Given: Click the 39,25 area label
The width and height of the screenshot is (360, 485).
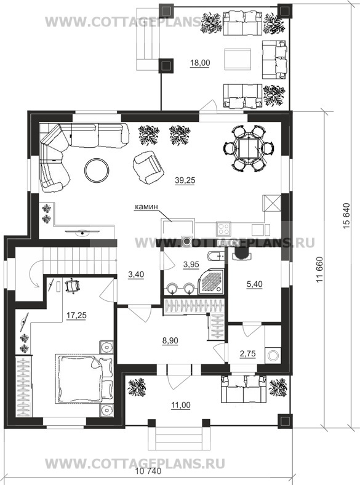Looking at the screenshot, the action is click(x=185, y=180).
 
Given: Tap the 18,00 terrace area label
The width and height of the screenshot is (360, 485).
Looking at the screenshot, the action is click(x=200, y=63).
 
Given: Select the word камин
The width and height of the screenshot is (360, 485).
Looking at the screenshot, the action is click(x=146, y=207).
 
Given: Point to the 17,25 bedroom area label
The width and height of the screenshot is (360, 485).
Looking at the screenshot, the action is click(x=76, y=316).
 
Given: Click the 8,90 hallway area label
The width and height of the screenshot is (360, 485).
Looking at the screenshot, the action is click(x=170, y=341).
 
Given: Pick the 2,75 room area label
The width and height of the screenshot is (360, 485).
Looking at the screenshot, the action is click(x=248, y=353).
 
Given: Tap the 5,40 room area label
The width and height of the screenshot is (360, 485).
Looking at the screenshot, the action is click(x=254, y=284).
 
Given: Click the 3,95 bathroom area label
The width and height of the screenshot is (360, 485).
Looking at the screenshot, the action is click(x=191, y=265).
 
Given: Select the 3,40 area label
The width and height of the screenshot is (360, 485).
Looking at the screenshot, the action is click(x=136, y=275).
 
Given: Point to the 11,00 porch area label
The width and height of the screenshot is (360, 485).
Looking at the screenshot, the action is click(x=181, y=405).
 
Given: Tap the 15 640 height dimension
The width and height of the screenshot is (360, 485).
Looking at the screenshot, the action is click(x=346, y=216).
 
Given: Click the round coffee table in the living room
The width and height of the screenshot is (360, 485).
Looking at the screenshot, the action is click(x=97, y=170).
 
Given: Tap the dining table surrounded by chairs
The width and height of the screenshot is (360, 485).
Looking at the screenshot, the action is click(x=248, y=148).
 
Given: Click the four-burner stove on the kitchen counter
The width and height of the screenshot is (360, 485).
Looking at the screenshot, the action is click(x=224, y=229).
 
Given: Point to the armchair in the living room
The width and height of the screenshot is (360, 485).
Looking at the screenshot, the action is click(x=148, y=167).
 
